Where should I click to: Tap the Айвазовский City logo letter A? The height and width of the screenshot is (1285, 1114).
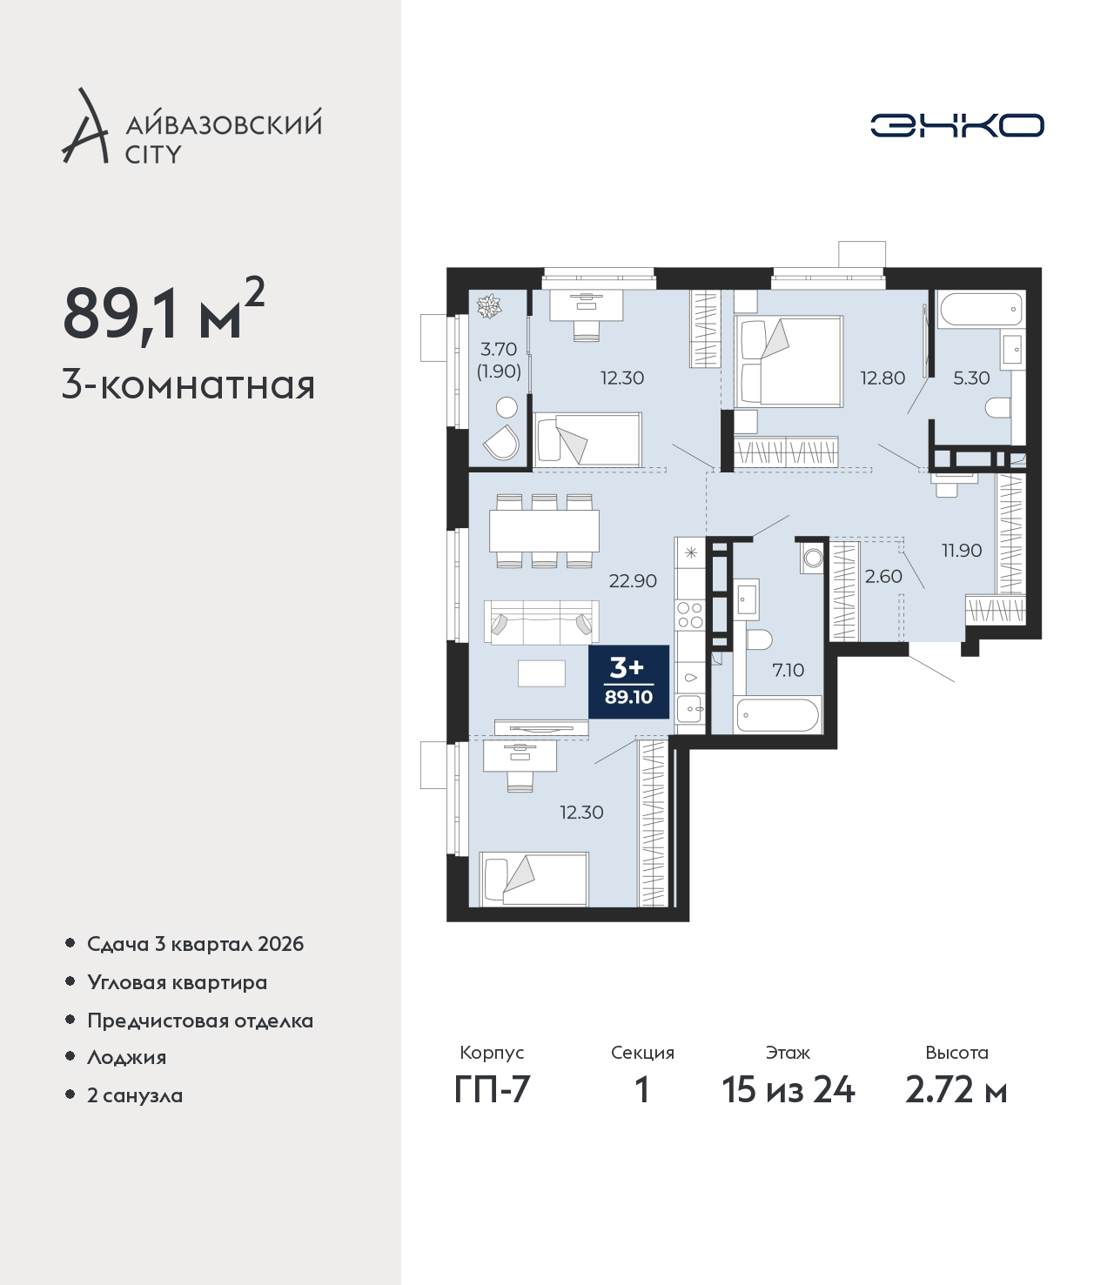(x=85, y=127)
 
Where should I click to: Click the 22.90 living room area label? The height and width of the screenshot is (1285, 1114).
(x=633, y=580)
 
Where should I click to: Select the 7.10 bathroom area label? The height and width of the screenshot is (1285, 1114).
(x=789, y=670)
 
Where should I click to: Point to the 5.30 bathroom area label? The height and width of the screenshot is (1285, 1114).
(x=971, y=378)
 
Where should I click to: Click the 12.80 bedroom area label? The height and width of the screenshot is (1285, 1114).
(x=882, y=378)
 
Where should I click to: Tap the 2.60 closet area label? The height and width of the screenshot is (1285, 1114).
(x=883, y=576)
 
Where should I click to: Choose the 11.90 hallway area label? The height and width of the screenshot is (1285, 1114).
(x=962, y=550)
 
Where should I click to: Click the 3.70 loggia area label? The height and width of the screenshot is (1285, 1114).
(x=499, y=350)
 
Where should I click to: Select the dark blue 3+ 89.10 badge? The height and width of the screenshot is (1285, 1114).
(x=629, y=682)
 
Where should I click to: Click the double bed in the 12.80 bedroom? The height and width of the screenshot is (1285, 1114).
(x=789, y=362)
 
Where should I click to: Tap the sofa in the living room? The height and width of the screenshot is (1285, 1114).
(x=541, y=622)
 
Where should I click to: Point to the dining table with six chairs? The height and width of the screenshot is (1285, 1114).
(x=544, y=531)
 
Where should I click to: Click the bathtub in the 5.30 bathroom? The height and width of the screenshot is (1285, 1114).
(x=981, y=309)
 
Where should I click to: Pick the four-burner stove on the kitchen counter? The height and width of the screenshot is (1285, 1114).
(x=690, y=615)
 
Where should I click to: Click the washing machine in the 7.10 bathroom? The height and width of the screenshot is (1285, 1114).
(x=812, y=558)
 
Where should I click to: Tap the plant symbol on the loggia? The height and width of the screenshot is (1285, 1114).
(x=489, y=306)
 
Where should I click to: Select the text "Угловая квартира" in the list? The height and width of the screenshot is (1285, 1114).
(x=178, y=983)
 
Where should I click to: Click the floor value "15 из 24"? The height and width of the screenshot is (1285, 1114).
(x=789, y=1090)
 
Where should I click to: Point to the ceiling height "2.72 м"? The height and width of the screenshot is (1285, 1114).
(x=956, y=1090)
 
